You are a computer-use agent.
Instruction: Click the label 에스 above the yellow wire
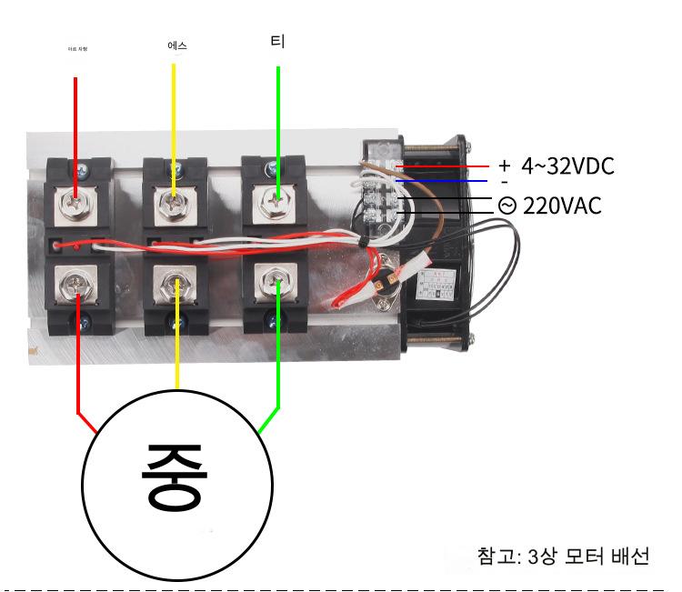point(177,45)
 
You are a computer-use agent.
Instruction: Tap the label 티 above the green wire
point(277,42)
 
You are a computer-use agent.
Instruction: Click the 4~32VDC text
point(567,166)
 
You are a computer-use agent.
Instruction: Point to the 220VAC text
point(562,206)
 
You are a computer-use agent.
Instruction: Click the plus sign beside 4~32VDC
point(505,166)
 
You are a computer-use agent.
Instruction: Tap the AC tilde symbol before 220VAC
point(506,206)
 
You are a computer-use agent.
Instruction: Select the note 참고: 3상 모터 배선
point(563,556)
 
